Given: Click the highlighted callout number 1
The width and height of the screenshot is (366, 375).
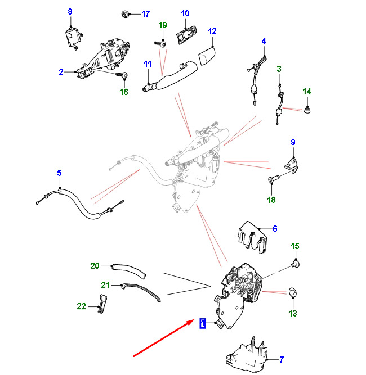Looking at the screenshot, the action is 203,323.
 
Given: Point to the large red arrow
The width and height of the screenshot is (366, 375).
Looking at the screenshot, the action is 164,338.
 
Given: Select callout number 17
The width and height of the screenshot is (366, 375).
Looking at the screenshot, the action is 146,14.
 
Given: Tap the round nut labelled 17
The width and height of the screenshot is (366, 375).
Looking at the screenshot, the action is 124,14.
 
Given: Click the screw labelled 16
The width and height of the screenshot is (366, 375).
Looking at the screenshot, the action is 122,75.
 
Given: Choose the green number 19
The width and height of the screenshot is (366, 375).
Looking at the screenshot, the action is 163,25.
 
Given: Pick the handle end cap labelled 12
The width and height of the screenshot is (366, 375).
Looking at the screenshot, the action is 207,56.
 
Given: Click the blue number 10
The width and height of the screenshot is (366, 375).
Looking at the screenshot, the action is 185,13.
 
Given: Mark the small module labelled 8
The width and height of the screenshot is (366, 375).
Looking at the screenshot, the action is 73,38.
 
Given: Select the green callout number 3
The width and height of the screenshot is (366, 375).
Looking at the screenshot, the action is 279,69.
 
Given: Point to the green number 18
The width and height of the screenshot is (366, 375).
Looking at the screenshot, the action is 271,200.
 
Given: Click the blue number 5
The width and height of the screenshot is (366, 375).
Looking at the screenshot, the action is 59,173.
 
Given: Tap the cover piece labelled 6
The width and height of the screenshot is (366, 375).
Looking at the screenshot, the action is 252,237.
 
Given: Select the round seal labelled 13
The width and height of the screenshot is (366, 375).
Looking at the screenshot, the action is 293,292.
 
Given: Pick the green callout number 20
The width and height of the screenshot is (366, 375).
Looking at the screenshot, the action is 95,266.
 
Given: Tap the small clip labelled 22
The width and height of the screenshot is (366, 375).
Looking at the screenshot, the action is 102,304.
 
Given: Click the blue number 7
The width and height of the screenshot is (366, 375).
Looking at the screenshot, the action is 282,359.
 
